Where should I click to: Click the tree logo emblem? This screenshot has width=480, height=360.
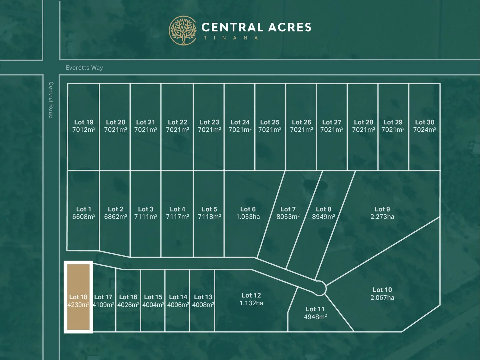tap(183, 30)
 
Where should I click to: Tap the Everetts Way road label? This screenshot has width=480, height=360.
tap(84, 68)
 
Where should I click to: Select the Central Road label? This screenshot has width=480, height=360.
tap(51, 100)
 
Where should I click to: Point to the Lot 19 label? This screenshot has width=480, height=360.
tap(84, 122)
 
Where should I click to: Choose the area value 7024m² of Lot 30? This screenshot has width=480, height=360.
tap(425, 130)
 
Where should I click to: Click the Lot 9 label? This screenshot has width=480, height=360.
tap(382, 209)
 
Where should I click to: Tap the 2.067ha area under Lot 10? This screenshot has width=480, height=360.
tap(382, 298)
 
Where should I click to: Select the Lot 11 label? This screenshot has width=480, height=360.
tap(315, 309)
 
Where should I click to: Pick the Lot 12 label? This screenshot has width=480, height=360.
tap(251, 295)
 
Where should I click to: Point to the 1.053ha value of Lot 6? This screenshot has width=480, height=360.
tap(248, 217)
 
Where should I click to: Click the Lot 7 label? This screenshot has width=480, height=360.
tap(288, 209)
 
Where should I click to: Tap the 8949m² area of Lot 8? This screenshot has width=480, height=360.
tap(323, 217)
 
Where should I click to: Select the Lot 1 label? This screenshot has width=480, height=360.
tap(83, 209)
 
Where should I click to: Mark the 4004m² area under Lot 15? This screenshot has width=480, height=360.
tap(153, 305)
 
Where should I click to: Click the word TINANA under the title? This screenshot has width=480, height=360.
tap(231, 38)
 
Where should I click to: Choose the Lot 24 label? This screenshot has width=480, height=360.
tap(240, 122)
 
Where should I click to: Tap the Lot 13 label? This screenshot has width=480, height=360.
tap(203, 297)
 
